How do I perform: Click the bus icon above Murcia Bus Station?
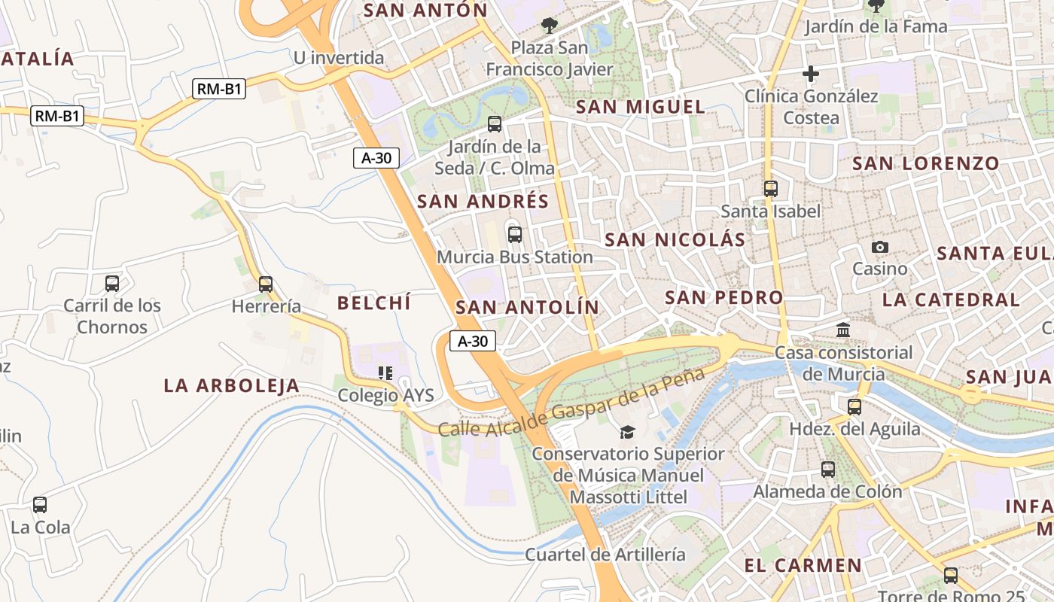coord(515,234)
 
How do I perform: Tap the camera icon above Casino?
coord(879,247)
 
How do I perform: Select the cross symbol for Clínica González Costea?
coord(811,74)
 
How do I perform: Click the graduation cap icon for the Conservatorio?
coord(627,432)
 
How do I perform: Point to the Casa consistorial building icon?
coord(843,330)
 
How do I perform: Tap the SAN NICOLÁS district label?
coord(675,240)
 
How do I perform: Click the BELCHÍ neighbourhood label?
coord(374,303)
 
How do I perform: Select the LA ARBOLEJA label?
coord(232,386)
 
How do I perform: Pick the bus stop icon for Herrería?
coord(266,284)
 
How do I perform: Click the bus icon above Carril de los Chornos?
coord(112,284)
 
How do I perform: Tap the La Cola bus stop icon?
coord(40,505)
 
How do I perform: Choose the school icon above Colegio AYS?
coord(385,373)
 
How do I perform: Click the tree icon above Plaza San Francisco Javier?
coord(550,26)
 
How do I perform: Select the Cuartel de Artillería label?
coord(605,555)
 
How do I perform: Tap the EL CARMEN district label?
coord(803,565)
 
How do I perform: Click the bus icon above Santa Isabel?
coord(771,189)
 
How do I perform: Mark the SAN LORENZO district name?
coord(926,163)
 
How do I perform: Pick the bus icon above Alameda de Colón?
coord(828,470)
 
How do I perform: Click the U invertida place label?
coord(339,58)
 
